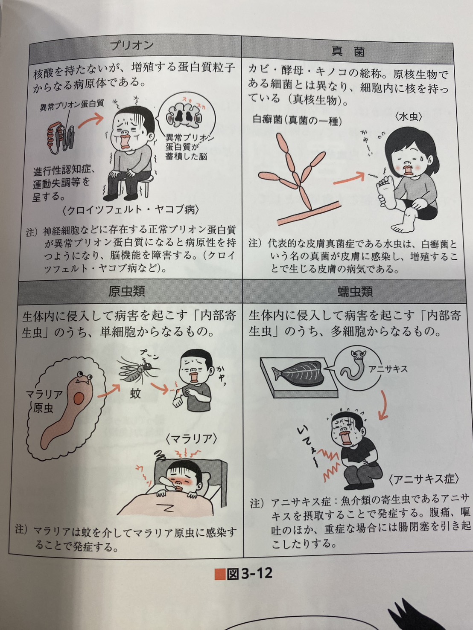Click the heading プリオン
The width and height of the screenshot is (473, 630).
click(x=132, y=46)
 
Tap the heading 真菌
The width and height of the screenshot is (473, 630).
click(x=348, y=52)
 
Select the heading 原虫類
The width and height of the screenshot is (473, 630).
click(x=127, y=291)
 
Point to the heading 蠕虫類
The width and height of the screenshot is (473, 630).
click(x=355, y=292)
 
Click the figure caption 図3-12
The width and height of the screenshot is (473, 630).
click(x=243, y=573)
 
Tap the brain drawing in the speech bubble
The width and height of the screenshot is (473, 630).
click(x=184, y=116)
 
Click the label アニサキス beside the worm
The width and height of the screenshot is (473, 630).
click(x=388, y=369)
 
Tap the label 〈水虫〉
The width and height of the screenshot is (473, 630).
click(x=408, y=117)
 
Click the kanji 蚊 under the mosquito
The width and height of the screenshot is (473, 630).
click(x=135, y=394)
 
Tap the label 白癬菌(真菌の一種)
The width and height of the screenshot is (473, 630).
click(x=297, y=120)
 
